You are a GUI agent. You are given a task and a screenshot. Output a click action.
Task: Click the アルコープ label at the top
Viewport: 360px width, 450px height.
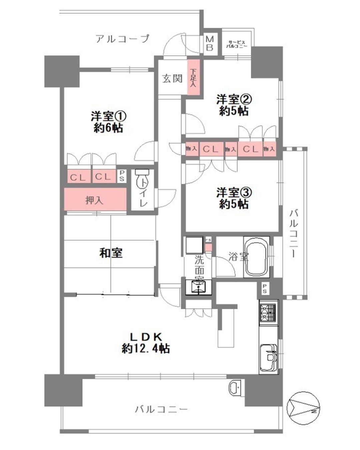point(122,39)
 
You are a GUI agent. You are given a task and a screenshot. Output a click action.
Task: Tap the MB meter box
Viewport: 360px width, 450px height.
point(210,43)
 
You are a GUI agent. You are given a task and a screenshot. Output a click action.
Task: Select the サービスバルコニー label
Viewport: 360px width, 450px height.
point(237,44)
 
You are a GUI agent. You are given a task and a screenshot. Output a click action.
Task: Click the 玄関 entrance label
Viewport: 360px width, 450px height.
point(172,79)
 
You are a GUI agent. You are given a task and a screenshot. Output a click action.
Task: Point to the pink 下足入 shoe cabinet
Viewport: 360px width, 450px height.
point(193,77)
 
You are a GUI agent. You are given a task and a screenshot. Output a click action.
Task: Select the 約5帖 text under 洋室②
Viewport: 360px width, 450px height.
point(234,111)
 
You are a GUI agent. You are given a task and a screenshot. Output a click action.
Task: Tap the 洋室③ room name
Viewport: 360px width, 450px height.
point(234,192)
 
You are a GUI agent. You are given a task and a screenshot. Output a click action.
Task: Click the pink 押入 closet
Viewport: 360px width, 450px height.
point(95,200)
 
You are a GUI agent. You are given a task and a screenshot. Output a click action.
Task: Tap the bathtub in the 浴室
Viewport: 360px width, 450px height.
point(256,257)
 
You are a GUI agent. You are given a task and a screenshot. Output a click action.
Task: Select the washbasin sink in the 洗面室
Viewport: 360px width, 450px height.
point(199,287)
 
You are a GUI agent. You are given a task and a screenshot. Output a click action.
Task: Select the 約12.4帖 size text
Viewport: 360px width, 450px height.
point(146,349)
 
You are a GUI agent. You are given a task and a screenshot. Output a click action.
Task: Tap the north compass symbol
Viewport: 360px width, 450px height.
point(303,408)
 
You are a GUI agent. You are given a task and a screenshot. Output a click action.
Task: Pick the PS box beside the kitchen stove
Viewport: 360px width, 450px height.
point(265,289)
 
